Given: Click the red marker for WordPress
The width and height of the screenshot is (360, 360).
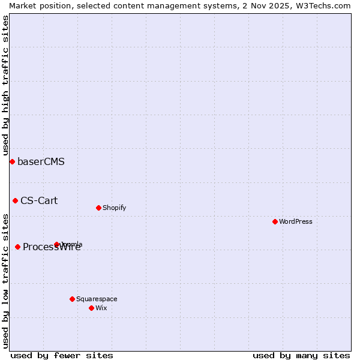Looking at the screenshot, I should click(x=275, y=221).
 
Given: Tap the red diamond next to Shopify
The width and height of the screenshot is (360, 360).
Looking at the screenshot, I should click(x=98, y=208).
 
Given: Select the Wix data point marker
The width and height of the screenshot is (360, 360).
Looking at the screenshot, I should click(x=91, y=308).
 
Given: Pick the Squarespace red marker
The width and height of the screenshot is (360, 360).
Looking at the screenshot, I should click(x=72, y=299).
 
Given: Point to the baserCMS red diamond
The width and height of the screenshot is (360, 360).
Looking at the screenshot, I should click(x=12, y=161).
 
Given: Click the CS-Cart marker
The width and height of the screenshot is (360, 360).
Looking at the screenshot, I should click(x=15, y=200).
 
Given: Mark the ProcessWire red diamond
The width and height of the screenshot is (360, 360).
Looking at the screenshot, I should click(x=17, y=247).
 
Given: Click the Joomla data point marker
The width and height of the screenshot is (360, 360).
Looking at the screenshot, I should click(x=57, y=244).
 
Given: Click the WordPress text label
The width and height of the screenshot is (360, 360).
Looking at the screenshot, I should click(x=296, y=221).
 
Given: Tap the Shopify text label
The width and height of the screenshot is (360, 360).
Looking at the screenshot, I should click(x=115, y=208).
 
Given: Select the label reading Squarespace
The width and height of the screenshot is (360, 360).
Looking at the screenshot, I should click(x=97, y=299).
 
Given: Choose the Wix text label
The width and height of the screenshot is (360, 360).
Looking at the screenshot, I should click(x=101, y=308).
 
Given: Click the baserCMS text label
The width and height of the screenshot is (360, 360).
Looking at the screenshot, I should click(x=41, y=161).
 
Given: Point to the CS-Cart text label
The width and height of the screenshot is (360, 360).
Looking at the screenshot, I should click(x=39, y=200).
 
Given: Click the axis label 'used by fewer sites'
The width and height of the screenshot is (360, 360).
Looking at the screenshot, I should click(x=62, y=355).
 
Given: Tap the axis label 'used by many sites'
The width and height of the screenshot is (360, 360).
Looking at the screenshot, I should click(x=301, y=355).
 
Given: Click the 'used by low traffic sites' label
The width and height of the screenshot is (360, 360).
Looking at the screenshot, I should click(x=5, y=281).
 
